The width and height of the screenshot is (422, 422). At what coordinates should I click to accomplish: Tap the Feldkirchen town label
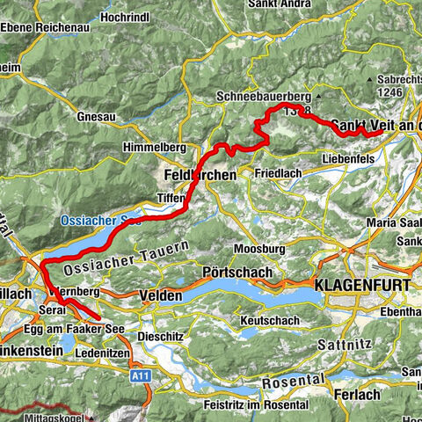(x=200, y=176)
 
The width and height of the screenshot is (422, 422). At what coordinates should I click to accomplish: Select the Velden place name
(x=159, y=297)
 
